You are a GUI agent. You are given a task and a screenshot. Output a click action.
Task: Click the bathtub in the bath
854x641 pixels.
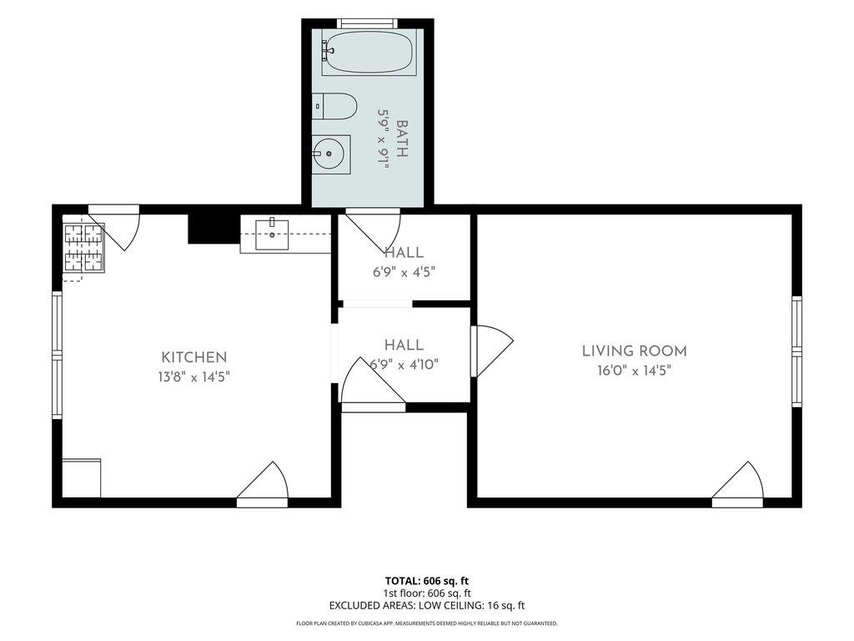[367, 52]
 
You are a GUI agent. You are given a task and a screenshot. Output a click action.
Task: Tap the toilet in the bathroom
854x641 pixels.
[334, 106]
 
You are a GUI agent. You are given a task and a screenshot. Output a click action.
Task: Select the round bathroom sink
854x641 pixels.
[331, 154]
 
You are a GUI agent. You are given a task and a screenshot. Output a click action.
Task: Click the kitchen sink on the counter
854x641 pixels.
[272, 234]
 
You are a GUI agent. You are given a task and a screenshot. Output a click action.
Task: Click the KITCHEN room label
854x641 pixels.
[193, 357]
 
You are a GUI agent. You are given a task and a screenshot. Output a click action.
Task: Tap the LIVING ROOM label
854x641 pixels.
[635, 351]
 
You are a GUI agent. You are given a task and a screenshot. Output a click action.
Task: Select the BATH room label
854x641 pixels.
[402, 139]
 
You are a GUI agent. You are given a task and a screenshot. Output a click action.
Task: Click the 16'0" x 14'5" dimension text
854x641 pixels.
[634, 371]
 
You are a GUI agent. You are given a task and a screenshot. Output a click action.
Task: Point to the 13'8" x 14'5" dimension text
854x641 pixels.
[193, 376]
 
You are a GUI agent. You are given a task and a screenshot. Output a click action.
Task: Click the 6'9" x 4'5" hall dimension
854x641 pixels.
[404, 272]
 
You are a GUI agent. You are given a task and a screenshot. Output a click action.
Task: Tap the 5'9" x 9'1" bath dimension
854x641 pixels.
[384, 139]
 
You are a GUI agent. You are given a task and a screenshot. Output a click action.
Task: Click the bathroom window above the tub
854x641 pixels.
[367, 23]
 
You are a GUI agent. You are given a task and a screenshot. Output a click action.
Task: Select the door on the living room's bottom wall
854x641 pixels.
[738, 485]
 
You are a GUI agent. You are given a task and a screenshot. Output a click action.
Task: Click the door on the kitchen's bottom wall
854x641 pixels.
[263, 485]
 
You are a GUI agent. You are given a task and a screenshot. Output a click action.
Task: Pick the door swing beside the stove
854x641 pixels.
[115, 227]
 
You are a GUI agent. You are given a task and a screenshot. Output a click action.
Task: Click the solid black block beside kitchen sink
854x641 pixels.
[214, 229]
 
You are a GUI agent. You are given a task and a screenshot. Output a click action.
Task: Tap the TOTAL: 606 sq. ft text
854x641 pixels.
[427, 581]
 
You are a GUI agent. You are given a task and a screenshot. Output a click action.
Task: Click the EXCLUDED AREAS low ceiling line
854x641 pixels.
[427, 606]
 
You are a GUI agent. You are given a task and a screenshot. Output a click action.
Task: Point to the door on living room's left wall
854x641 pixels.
[492, 351]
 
